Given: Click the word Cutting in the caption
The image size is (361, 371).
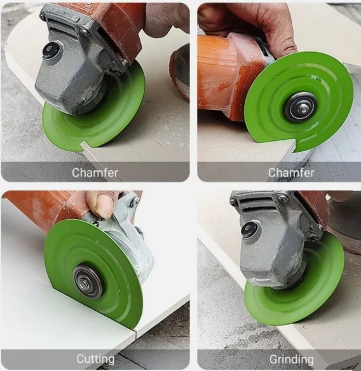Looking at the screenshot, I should [x=95, y=360].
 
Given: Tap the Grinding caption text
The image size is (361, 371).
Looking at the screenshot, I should [x=291, y=360].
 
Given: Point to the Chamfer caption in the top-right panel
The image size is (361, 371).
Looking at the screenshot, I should [x=291, y=172].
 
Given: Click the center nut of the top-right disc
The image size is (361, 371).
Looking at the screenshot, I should [x=301, y=106].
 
